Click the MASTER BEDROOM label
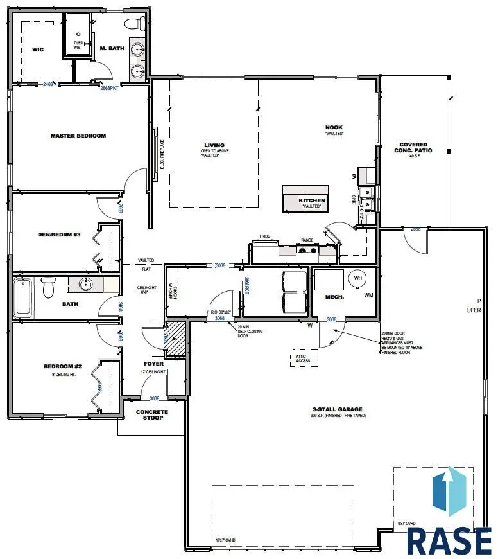78,136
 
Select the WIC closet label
37,49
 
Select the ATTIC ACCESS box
304,358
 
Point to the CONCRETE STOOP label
152,415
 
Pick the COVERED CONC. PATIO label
413,148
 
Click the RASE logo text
449,541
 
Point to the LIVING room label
214,145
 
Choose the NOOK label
334,127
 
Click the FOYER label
154,364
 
